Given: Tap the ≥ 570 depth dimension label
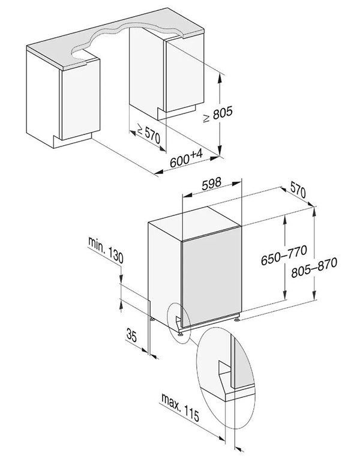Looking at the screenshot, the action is coord(149,134).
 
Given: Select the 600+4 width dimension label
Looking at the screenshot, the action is coord(187,158).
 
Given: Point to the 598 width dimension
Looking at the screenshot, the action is coord(212,183).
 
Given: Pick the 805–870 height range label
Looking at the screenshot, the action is coord(314,267).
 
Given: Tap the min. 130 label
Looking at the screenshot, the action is coord(106,250).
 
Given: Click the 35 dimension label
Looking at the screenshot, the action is coord(131,335).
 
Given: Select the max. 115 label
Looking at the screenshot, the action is coord(180,407).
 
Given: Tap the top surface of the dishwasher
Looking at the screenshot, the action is coord(195,224).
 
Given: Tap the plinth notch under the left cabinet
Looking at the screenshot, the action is coord(73,140).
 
